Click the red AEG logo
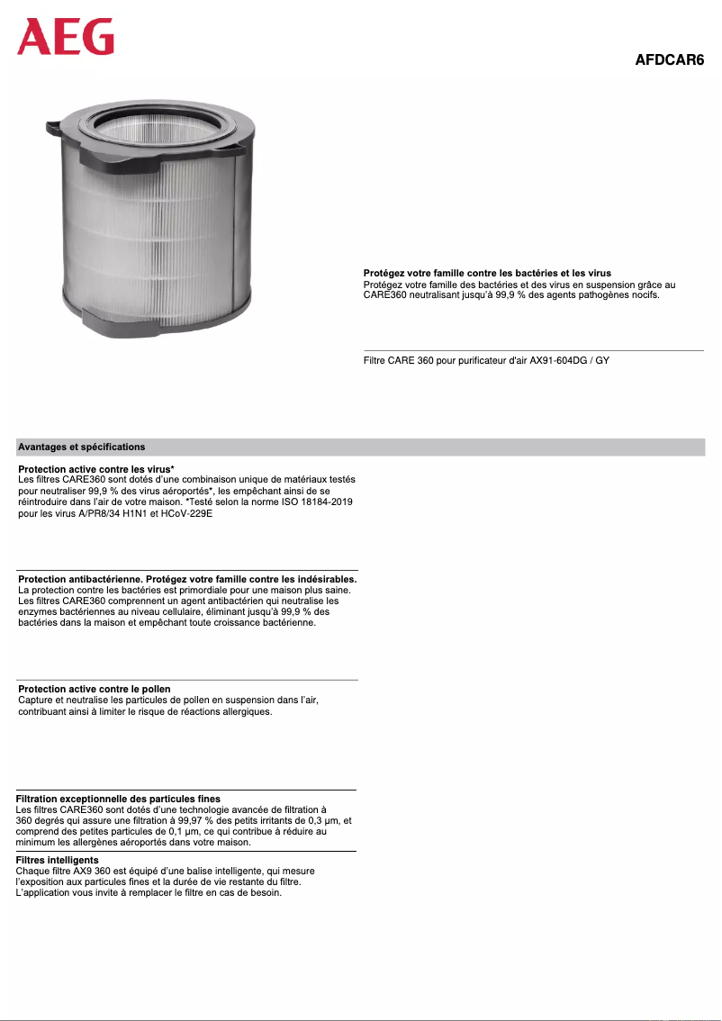67,37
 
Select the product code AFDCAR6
670,60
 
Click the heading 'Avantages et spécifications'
81,447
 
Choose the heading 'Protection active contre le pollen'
95,689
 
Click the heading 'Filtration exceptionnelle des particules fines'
118,799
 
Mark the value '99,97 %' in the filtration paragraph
248,820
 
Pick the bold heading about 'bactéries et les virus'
487,273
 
